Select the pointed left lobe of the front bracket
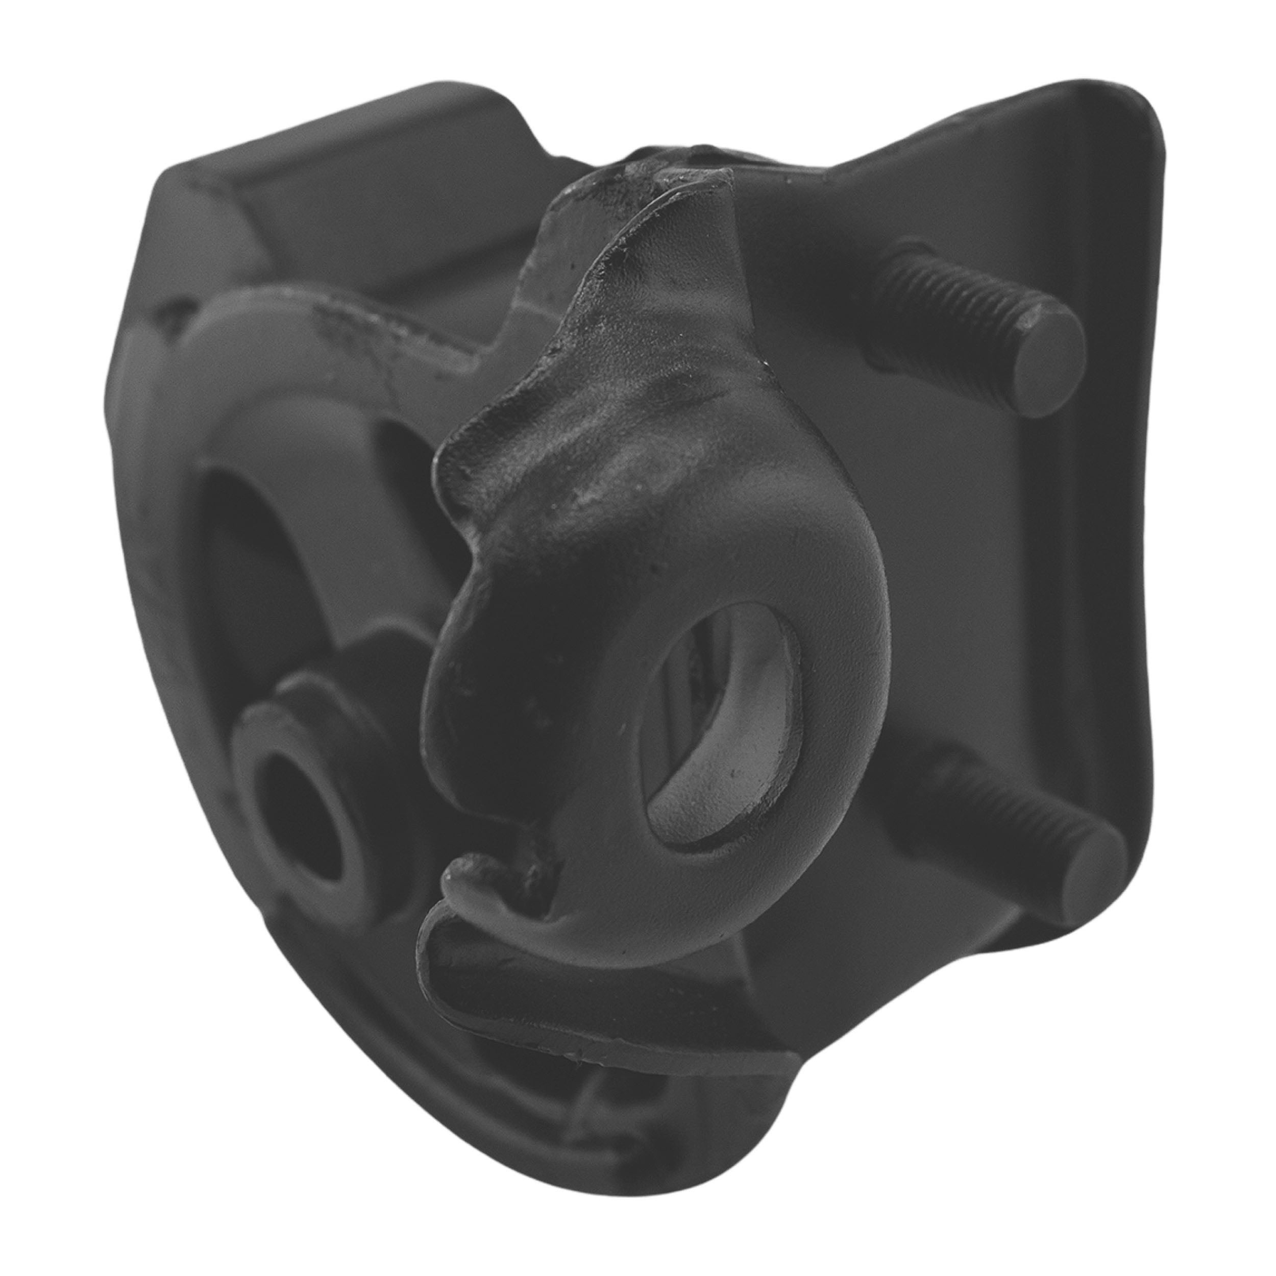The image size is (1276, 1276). pos(456,462)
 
